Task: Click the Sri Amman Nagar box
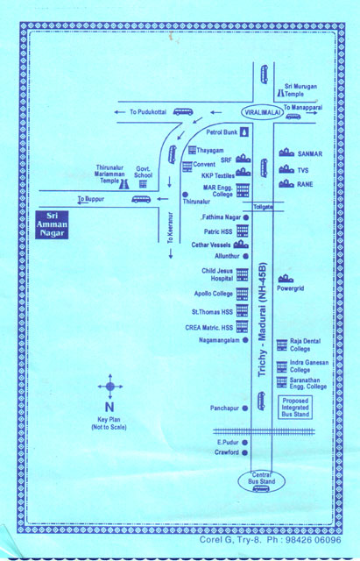coord(52,224)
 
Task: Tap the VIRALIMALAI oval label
coord(263,112)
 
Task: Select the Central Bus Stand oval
coord(261,481)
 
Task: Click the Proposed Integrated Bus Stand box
coord(295,407)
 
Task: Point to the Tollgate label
coord(263,207)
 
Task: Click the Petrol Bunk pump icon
coord(244,132)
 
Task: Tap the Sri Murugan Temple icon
coord(280,94)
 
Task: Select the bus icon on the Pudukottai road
coord(183,111)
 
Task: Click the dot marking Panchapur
coord(245,408)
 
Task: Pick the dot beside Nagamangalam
coord(245,340)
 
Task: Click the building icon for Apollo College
coord(242,295)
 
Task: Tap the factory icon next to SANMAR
coord(286,153)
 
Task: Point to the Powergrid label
coord(290,288)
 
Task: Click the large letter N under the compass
coord(109,407)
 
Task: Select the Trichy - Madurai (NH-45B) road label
coord(263,319)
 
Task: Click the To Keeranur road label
coord(170,228)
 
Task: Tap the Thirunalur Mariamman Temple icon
coord(124,184)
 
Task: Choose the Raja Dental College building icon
coord(282,345)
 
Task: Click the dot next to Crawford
coord(244,452)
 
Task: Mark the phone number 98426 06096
coord(314,540)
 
